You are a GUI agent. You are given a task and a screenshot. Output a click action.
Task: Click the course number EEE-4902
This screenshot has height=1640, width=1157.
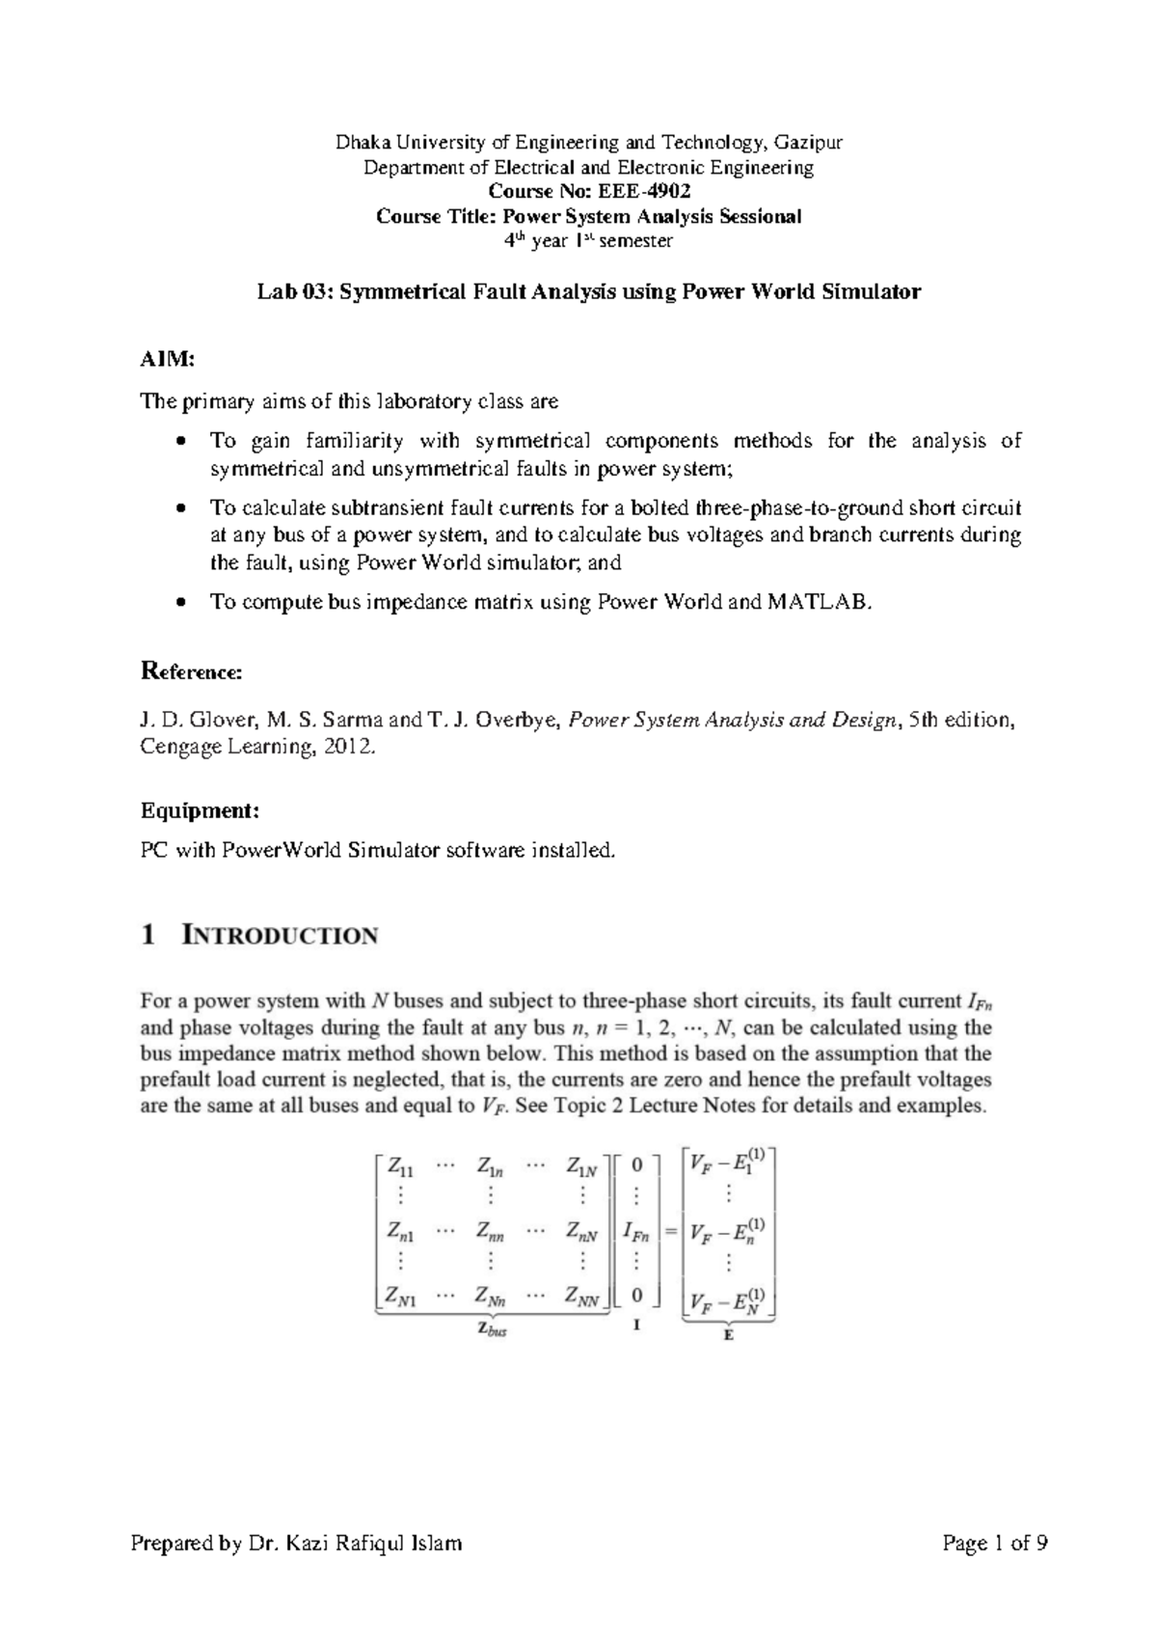tap(644, 191)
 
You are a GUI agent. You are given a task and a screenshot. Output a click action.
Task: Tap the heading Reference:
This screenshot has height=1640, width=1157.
tap(192, 670)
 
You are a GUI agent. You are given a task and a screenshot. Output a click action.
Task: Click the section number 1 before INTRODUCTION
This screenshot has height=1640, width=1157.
tap(148, 935)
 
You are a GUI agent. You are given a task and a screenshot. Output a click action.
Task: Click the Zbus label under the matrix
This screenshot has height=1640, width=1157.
tap(492, 1329)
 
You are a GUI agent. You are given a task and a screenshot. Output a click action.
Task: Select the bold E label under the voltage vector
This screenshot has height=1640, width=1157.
tap(728, 1335)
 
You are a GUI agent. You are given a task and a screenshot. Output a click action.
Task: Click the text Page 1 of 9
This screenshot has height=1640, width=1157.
tap(995, 1544)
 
